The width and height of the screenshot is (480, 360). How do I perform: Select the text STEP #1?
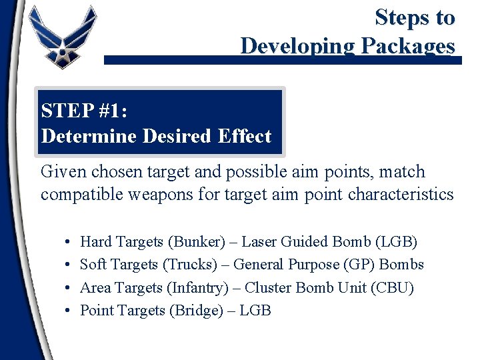coord(84,110)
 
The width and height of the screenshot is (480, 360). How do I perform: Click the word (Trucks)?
coord(190,265)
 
